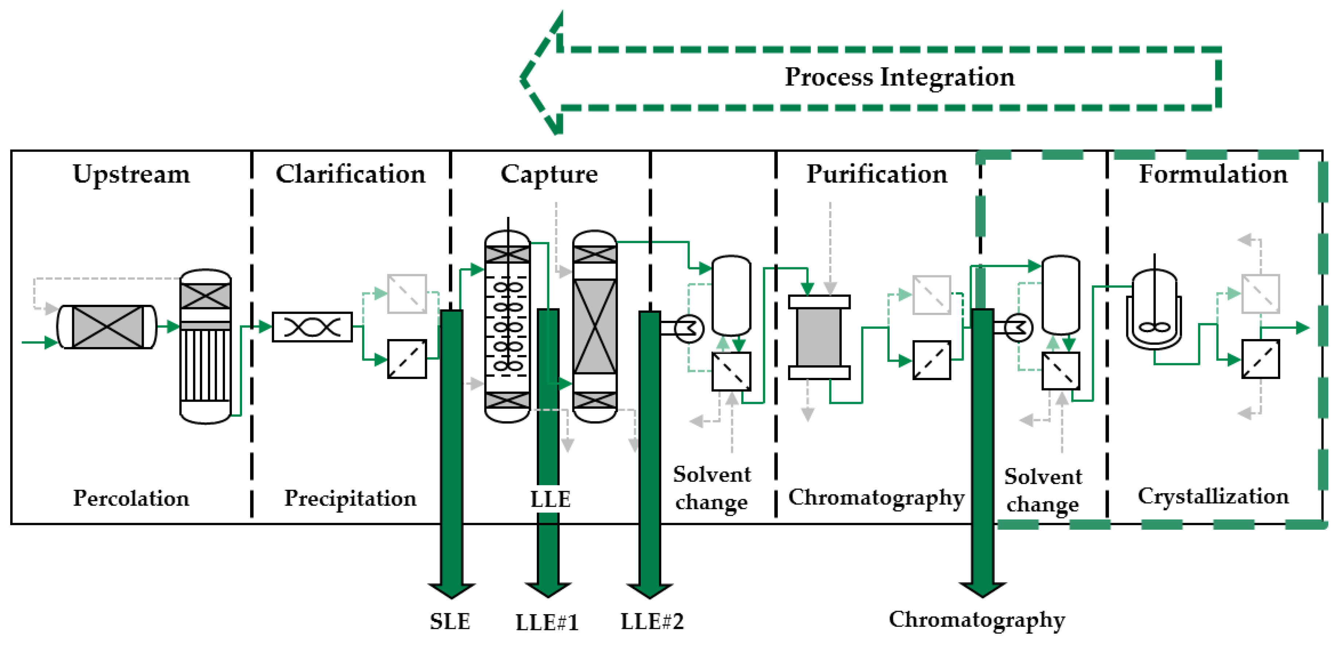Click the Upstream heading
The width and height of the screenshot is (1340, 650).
pyautogui.click(x=131, y=174)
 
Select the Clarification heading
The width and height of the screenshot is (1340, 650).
pyautogui.click(x=350, y=174)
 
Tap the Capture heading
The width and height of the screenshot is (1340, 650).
pyautogui.click(x=549, y=174)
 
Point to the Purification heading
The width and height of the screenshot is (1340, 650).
pyautogui.click(x=877, y=174)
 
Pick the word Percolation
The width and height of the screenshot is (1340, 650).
pyautogui.click(x=131, y=498)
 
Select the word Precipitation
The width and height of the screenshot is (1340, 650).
pyautogui.click(x=350, y=498)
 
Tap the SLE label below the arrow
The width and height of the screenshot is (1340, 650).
pyautogui.click(x=450, y=622)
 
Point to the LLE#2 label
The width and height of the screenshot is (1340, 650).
pyautogui.click(x=652, y=622)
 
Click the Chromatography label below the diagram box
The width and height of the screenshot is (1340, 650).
pyautogui.click(x=976, y=620)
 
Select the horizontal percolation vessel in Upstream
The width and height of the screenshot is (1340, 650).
pyautogui.click(x=106, y=327)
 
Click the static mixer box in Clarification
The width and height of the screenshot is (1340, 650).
pyautogui.click(x=312, y=327)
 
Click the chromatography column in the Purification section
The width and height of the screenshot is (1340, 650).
pyautogui.click(x=819, y=337)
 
